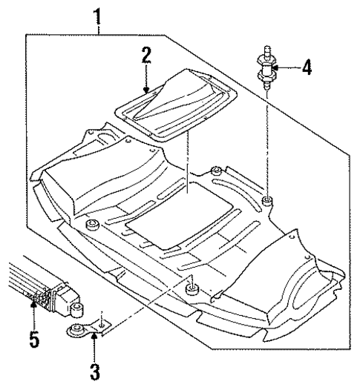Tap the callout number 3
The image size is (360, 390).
[x=94, y=368]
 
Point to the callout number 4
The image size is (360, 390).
[x=307, y=68]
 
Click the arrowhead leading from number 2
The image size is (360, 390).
[x=148, y=90]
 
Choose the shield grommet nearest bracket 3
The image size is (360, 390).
[x=192, y=286]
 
